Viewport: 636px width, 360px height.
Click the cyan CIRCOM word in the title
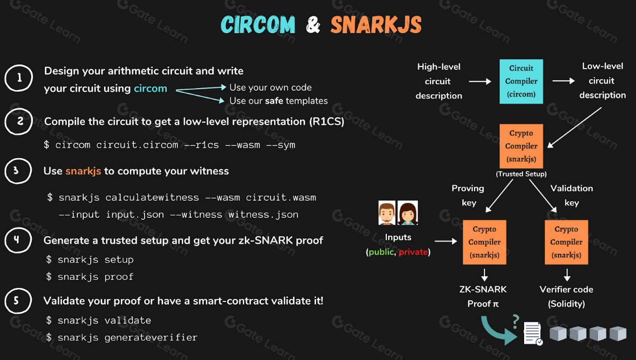(x=258, y=25)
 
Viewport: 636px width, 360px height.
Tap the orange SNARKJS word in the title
(x=376, y=25)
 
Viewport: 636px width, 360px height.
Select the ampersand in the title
(x=313, y=25)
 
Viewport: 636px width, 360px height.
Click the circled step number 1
(x=19, y=77)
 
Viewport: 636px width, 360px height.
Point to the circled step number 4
(x=18, y=240)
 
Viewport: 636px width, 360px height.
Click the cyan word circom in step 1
(x=150, y=89)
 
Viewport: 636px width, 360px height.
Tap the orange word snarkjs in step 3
(x=83, y=171)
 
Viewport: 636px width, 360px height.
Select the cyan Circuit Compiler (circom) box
(x=521, y=81)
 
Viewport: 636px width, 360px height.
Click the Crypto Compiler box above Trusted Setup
(x=521, y=146)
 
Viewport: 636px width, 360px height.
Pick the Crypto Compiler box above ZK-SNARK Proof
(x=485, y=242)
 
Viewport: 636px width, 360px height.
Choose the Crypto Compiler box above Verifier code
(x=566, y=242)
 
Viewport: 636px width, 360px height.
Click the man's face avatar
(x=387, y=213)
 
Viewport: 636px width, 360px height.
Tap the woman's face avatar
(x=407, y=213)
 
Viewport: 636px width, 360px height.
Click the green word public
(x=381, y=252)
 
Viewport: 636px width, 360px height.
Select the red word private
(x=413, y=252)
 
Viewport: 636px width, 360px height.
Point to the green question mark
(x=516, y=322)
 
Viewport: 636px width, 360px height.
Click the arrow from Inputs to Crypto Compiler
(x=446, y=241)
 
